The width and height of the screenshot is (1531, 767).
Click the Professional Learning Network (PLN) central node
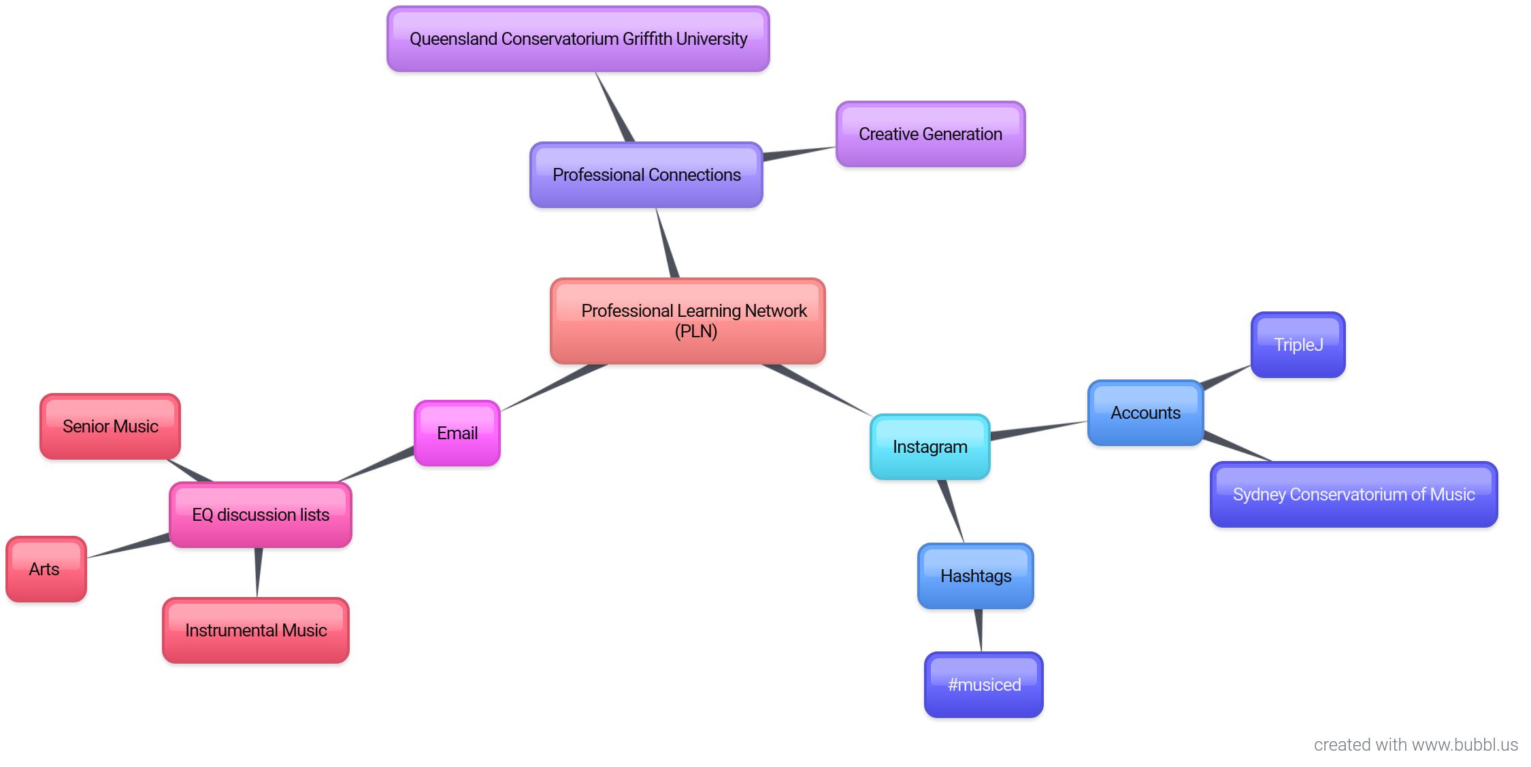pos(687,321)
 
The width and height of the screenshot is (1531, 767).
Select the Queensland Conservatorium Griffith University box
pos(578,39)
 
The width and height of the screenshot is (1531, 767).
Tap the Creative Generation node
pos(930,135)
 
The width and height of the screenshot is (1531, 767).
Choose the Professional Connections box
pos(646,175)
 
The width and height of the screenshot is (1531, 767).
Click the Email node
pos(457,434)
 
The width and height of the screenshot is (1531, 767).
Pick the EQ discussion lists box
pos(260,515)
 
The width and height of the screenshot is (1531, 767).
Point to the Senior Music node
pos(110,427)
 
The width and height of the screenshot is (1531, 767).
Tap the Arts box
pos(46,570)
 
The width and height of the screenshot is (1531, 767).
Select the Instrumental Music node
pos(256,631)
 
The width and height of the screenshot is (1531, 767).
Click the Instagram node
pos(929,447)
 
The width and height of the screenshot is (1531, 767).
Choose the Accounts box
pos(1145,413)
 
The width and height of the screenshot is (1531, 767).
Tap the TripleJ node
pos(1298,345)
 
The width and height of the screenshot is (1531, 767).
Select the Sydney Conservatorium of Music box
pos(1353,495)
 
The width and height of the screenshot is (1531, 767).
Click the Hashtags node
pos(975,577)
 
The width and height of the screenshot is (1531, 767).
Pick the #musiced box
pos(983,685)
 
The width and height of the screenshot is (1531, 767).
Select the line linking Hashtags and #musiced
pos(979,630)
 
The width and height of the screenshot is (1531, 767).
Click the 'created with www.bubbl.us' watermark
pos(1415,745)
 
